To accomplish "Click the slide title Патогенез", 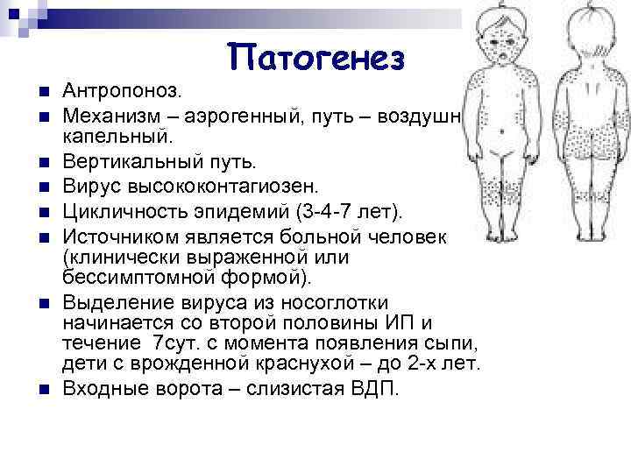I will tap(317, 58).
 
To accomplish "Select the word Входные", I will tap(103, 387).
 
